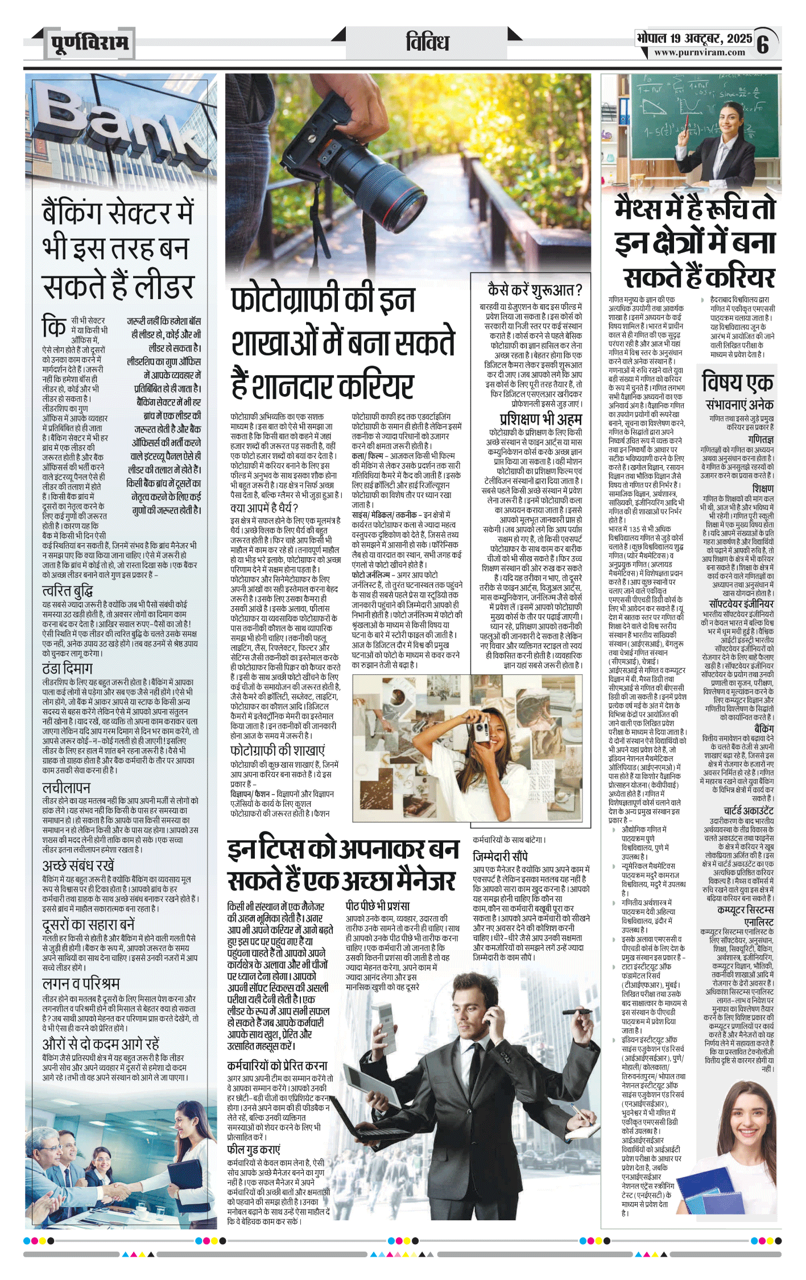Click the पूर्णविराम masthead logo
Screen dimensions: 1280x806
pos(89,43)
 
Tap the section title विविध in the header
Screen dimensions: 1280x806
pos(427,42)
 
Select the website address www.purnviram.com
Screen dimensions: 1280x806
pos(699,52)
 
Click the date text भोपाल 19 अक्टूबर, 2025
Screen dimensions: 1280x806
pos(695,38)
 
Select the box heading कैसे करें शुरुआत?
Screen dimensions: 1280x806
pos(535,290)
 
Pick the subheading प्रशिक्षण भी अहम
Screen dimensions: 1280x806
pos(540,419)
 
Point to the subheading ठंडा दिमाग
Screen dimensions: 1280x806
pos(67,669)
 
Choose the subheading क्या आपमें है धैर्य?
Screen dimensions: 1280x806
pos(264,508)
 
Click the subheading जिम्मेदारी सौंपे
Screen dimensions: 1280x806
pos(501,856)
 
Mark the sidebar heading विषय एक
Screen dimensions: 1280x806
pos(737,382)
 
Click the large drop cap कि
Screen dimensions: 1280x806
pos(55,328)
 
